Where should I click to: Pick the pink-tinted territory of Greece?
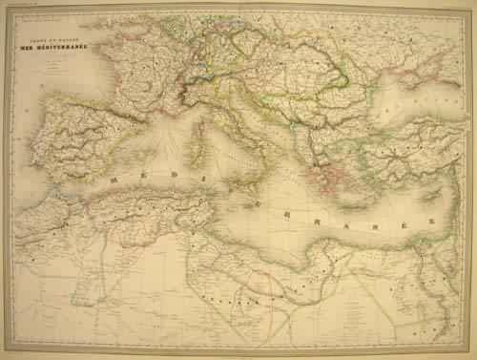(315, 177)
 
